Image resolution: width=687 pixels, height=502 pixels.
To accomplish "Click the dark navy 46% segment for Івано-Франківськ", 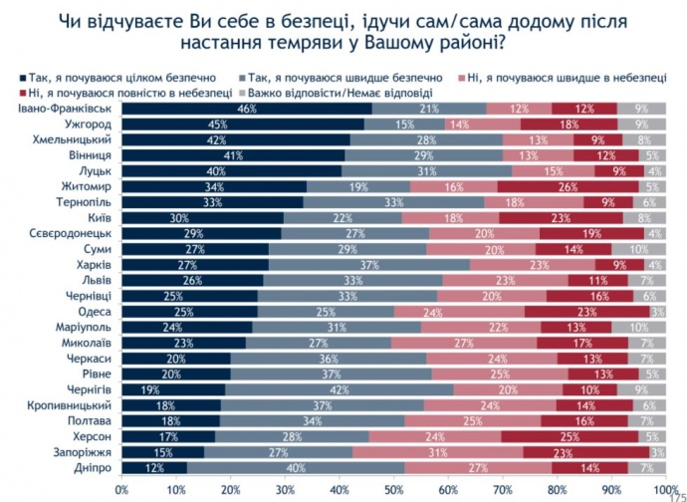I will pyautogui.click(x=247, y=108).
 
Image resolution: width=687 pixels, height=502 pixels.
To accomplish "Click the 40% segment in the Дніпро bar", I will pyautogui.click(x=296, y=466).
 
